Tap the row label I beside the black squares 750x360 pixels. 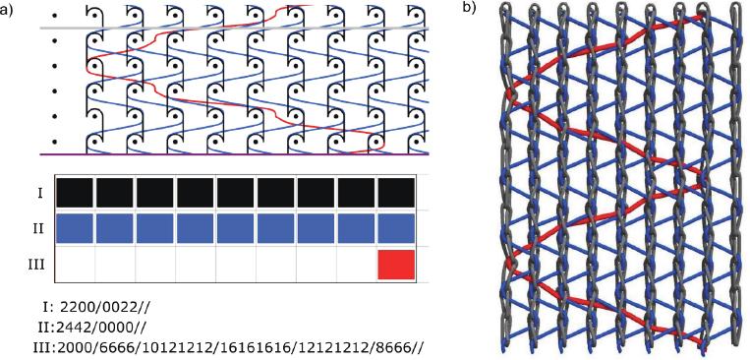(38, 192)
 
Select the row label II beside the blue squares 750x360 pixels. (38, 228)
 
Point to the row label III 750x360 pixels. (38, 265)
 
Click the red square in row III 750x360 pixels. (396, 265)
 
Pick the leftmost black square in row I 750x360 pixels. (74, 192)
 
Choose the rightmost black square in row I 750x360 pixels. (396, 192)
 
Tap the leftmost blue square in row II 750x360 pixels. (74, 228)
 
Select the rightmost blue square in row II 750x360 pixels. (396, 228)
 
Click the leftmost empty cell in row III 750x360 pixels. (74, 265)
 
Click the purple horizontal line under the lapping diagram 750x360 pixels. (236, 155)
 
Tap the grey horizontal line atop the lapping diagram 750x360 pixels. (236, 29)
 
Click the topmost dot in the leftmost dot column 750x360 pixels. (53, 16)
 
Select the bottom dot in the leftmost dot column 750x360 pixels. (53, 141)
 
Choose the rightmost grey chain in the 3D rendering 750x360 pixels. (732, 177)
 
